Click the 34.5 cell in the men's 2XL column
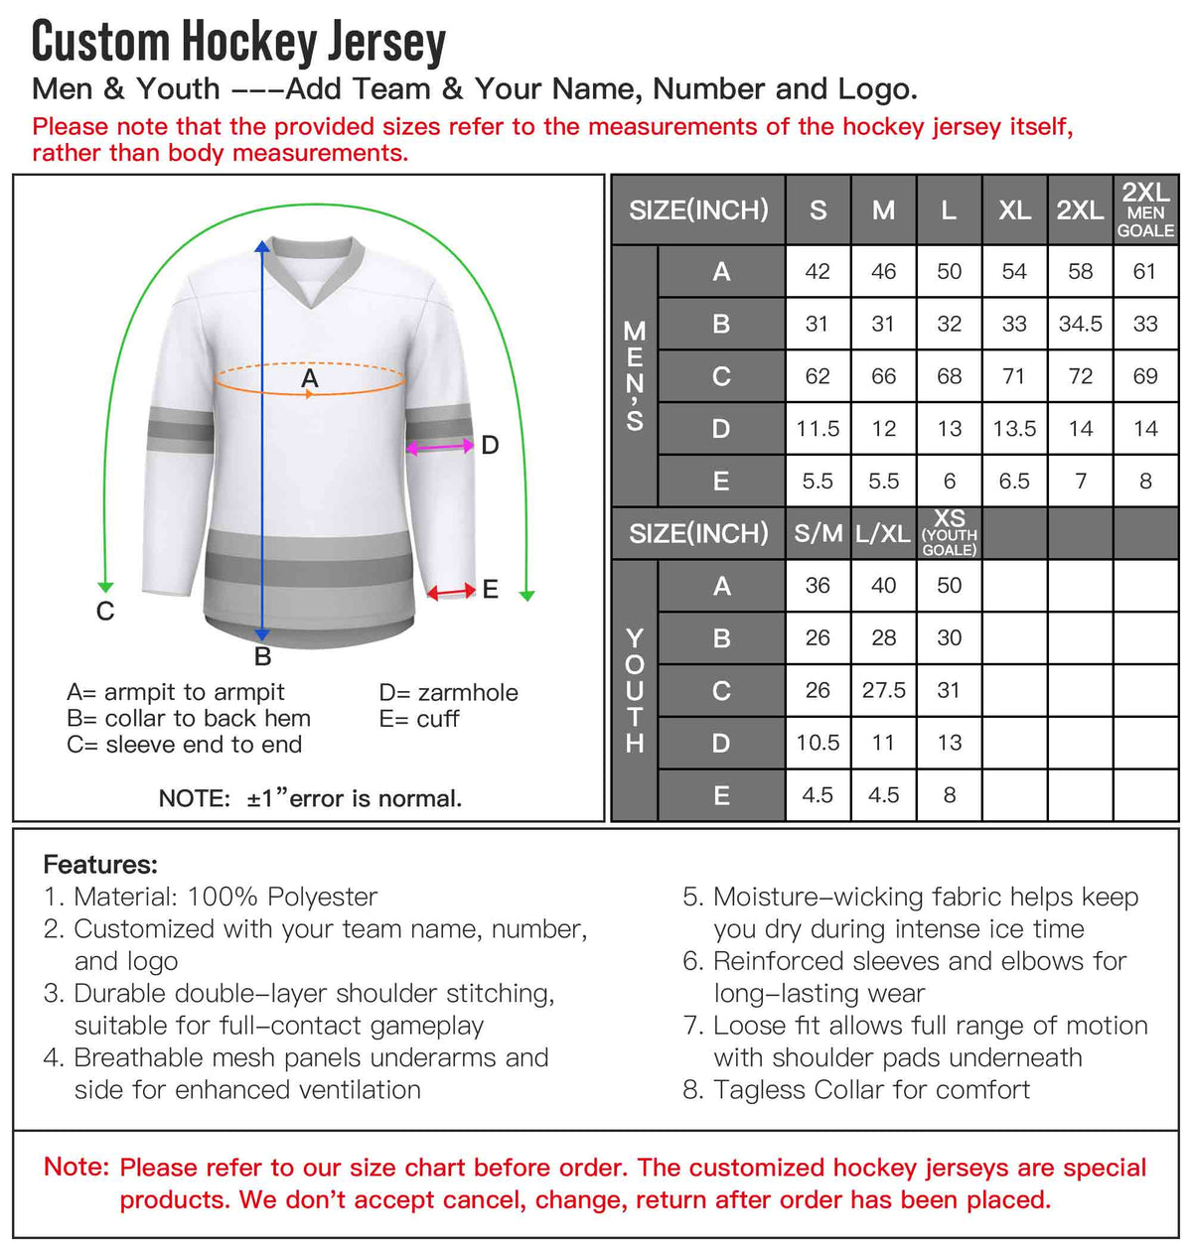tap(1080, 324)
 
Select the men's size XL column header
tap(1014, 210)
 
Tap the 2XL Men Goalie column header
tap(1145, 210)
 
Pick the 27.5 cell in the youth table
tap(883, 690)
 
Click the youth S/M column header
tap(818, 534)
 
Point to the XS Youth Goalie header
tap(949, 533)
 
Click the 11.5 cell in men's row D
tap(818, 429)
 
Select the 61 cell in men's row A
tap(1145, 271)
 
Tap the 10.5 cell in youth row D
tap(818, 743)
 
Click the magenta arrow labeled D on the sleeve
tap(440, 448)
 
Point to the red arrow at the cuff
tap(451, 592)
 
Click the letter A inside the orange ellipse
tap(310, 378)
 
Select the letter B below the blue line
tap(262, 656)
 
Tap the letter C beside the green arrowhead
tap(105, 612)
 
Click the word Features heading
tap(100, 864)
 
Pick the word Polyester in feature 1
tap(322, 897)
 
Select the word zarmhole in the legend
tap(468, 692)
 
